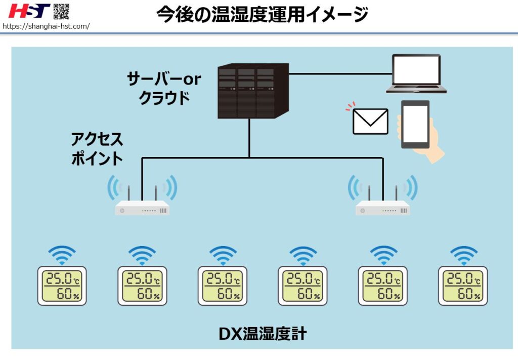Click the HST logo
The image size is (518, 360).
pos(29,11)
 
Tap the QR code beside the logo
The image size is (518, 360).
pos(61,11)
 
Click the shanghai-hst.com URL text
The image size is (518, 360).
pos(46,26)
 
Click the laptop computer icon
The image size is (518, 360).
pos(416,74)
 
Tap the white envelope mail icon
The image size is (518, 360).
pos(370,122)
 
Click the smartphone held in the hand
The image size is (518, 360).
pos(415,125)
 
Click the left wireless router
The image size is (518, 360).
pos(142,207)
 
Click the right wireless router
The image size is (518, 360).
pos(383,207)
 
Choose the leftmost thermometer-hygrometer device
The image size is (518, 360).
pos(62,286)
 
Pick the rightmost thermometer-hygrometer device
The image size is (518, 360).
pos(463,286)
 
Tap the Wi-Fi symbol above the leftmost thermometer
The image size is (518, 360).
pos(62,255)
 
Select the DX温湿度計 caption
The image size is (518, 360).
pos(262,334)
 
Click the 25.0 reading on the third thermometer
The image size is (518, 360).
pos(218,278)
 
